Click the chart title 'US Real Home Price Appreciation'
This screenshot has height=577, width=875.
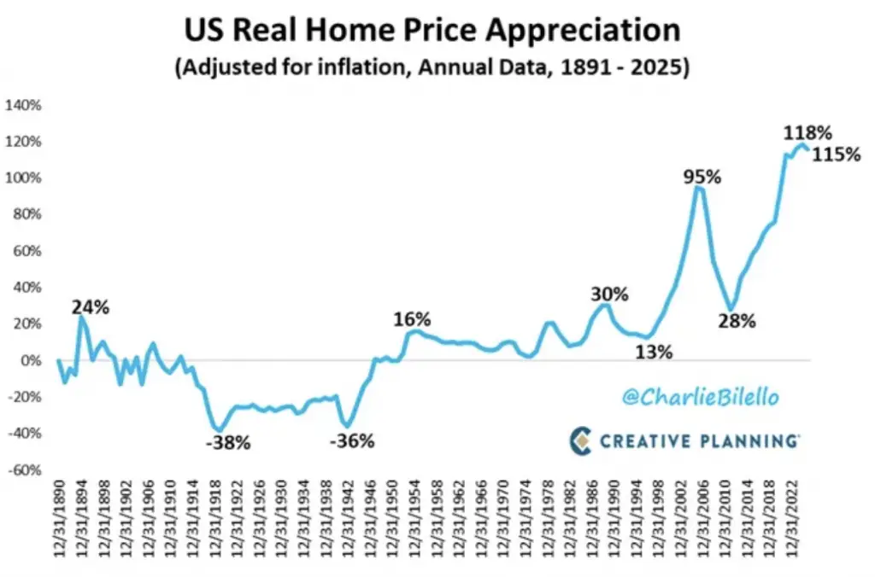coord(432,31)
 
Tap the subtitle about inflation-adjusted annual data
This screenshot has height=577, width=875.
coord(432,68)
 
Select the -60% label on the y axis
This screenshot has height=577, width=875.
coord(25,470)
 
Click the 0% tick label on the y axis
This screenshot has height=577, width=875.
coord(30,361)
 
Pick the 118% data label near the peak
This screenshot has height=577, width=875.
coord(807,132)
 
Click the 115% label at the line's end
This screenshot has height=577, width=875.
coord(837,156)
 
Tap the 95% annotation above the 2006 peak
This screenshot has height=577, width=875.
coord(702,178)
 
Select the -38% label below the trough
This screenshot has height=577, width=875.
coord(228,443)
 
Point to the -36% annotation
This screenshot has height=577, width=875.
coord(351,441)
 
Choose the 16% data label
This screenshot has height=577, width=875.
coord(412,320)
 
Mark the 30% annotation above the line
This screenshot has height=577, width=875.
coord(609,294)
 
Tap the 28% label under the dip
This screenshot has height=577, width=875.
coord(737,322)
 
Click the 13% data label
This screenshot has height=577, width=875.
coord(654,351)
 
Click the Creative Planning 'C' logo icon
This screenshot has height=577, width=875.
coord(581,440)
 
